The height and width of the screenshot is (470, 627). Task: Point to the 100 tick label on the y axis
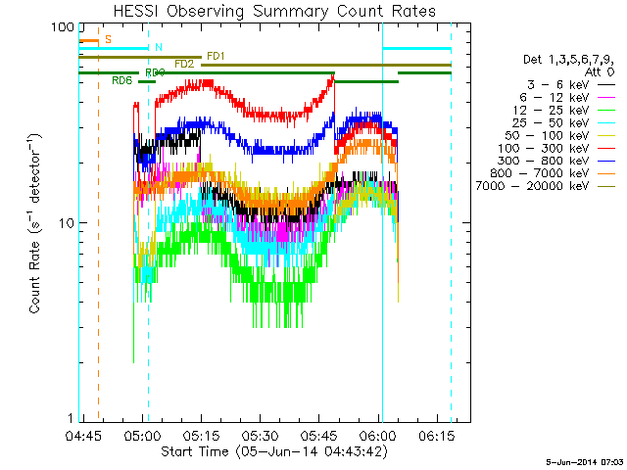(x=63, y=28)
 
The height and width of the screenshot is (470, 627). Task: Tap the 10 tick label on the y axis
(x=67, y=223)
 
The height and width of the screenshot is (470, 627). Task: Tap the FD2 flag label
(x=184, y=64)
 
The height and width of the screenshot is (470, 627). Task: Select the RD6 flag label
(x=122, y=80)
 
